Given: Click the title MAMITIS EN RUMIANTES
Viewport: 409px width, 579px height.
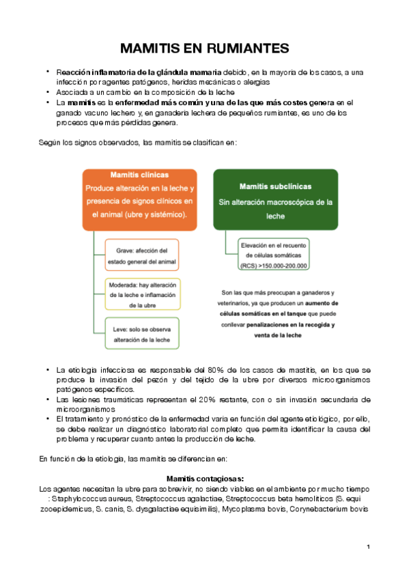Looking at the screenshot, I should [x=204, y=48].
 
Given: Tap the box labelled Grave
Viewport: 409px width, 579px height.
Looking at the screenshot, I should [x=141, y=255].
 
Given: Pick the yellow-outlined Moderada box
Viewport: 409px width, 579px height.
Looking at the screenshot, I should [x=142, y=294].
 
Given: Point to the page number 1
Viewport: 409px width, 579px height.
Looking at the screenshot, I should [x=368, y=547].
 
